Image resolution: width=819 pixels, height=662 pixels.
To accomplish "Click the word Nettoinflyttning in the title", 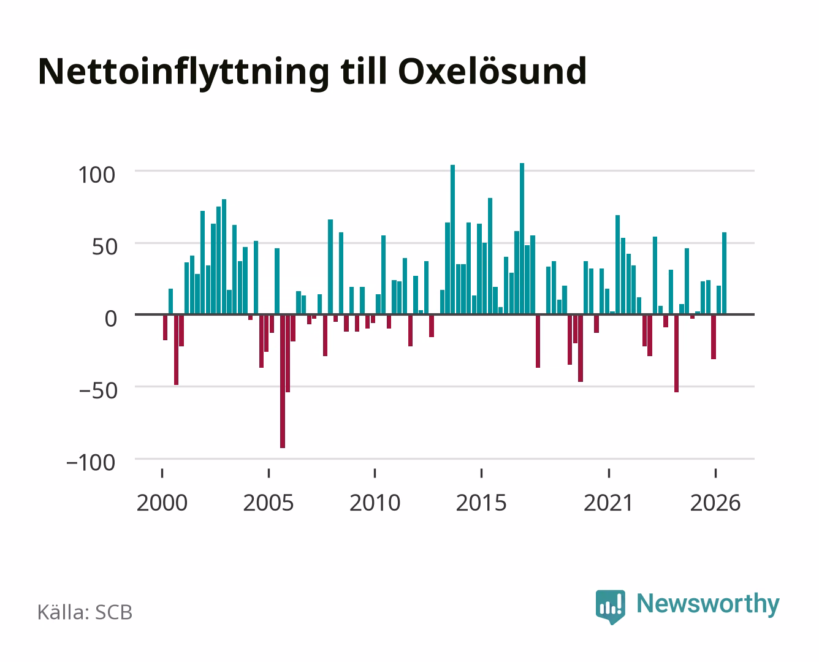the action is click(x=183, y=73).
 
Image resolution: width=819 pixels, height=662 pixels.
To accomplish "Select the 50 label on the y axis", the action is click(x=104, y=247).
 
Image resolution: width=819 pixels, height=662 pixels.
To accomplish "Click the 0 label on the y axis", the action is click(x=111, y=319).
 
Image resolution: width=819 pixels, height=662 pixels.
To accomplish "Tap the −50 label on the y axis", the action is click(x=98, y=391).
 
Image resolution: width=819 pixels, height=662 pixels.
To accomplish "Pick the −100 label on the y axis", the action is click(x=91, y=463).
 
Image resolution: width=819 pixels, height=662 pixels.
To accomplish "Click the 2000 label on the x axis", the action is click(x=162, y=503).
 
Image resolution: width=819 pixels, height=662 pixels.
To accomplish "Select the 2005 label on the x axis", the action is click(x=269, y=503).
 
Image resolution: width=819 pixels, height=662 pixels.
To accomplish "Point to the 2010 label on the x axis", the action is click(x=375, y=503).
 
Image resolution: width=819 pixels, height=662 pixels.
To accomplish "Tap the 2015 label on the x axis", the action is click(x=481, y=503).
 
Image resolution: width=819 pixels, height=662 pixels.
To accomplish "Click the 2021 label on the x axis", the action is click(x=608, y=503).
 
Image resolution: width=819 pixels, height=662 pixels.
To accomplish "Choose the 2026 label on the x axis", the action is click(x=715, y=503).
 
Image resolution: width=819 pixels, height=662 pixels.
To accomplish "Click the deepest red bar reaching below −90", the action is click(x=283, y=381).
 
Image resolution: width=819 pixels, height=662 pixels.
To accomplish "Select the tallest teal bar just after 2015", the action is click(x=522, y=238).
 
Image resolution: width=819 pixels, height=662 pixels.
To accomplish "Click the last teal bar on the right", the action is click(x=724, y=273).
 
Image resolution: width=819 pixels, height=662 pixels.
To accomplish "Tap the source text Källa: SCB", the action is click(x=85, y=612).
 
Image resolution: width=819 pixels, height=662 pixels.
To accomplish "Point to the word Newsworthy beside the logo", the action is click(x=708, y=604).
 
